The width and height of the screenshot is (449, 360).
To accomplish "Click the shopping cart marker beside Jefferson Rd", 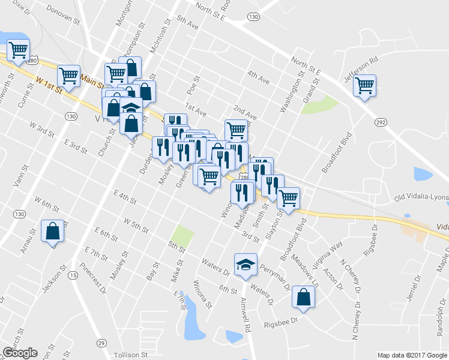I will [x=365, y=86].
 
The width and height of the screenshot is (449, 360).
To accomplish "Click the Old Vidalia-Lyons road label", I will [x=420, y=198].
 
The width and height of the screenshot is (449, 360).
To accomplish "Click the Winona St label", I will [x=201, y=295].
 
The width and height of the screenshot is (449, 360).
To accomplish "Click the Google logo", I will [x=20, y=353].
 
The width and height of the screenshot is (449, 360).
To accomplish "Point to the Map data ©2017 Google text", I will [x=412, y=355].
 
